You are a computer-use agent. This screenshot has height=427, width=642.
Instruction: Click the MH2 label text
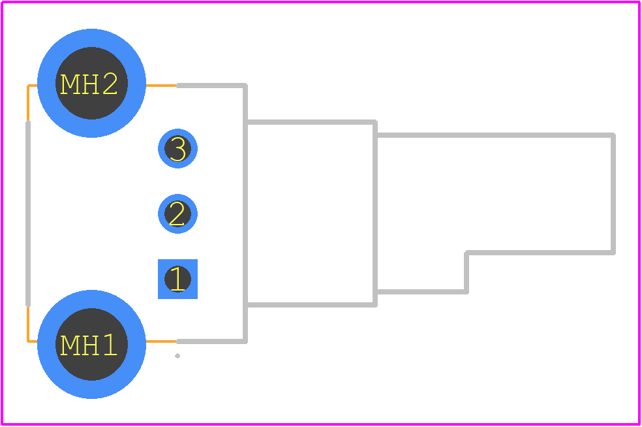(x=89, y=84)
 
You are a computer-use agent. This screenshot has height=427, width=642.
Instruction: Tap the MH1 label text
(x=89, y=345)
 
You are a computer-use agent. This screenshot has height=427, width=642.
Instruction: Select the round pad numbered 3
(x=177, y=148)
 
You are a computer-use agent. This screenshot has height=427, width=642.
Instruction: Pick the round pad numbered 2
(x=177, y=214)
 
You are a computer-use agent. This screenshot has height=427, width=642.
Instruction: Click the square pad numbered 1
(x=177, y=279)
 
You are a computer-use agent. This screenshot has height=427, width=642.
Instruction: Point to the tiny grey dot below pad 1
(x=177, y=356)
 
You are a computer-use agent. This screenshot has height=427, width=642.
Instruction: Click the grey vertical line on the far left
(x=28, y=214)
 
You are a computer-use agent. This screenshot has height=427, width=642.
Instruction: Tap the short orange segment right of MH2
(x=161, y=86)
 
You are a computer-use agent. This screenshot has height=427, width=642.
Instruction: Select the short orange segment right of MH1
(x=161, y=341)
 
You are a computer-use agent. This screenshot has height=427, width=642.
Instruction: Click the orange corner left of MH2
(x=28, y=86)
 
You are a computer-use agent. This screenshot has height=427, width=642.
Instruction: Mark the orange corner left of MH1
(x=28, y=341)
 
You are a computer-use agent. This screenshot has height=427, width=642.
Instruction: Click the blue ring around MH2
(x=92, y=38)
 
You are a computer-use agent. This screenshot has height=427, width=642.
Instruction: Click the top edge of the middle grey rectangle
(x=311, y=122)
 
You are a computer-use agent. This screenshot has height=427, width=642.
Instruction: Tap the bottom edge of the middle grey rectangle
(x=311, y=305)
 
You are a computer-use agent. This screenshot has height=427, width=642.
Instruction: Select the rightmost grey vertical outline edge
(x=613, y=194)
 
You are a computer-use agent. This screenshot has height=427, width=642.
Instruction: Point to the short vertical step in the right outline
(x=466, y=272)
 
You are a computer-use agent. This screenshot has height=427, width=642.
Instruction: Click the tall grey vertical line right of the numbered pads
(x=245, y=214)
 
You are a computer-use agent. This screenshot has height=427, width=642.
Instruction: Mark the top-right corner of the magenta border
(x=639, y=3)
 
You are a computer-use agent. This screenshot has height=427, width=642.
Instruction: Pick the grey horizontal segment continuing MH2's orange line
(x=211, y=86)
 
